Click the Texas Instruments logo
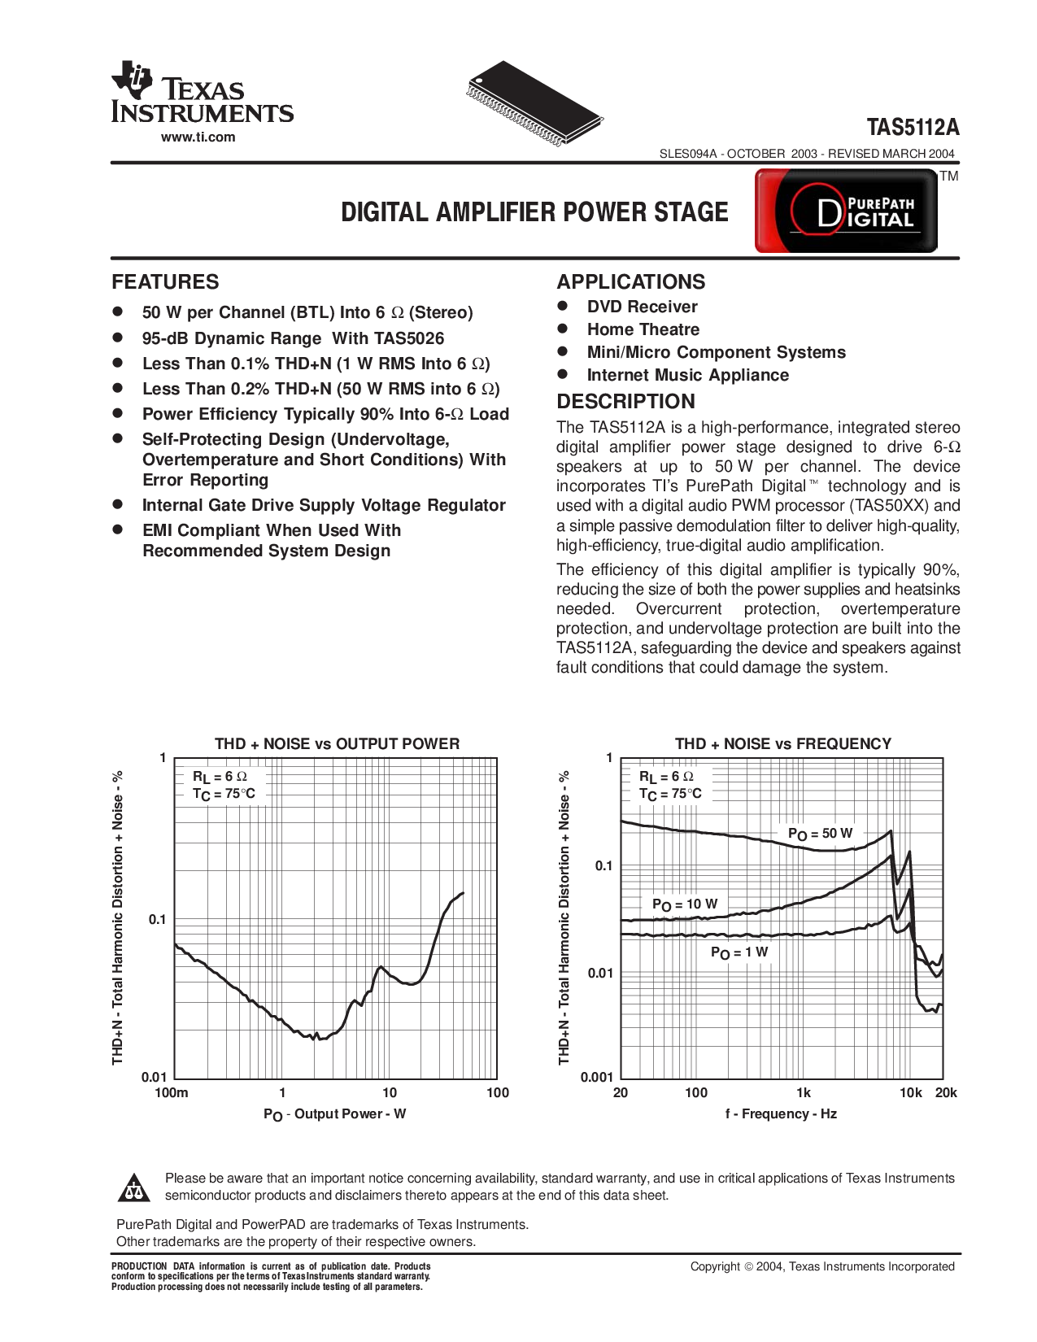pos(202,93)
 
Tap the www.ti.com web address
pos(198,137)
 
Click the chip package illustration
pos(536,103)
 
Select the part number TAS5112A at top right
pos(913,128)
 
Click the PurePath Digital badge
pos(847,211)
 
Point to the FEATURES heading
pos(165,282)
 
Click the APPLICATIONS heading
pos(630,282)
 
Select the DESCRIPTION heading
pos(625,401)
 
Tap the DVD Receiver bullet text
pos(642,307)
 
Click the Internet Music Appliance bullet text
pos(687,375)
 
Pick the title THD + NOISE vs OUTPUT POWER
pos(337,743)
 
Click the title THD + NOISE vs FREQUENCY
pos(782,743)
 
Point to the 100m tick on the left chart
pos(172,1092)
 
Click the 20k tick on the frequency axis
pos(945,1092)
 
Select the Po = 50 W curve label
pos(820,834)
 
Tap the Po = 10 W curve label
pos(685,904)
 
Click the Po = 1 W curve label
pos(739,952)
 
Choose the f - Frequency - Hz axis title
pos(781,1113)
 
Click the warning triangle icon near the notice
pos(133,1188)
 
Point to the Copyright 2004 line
pos(821,1266)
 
